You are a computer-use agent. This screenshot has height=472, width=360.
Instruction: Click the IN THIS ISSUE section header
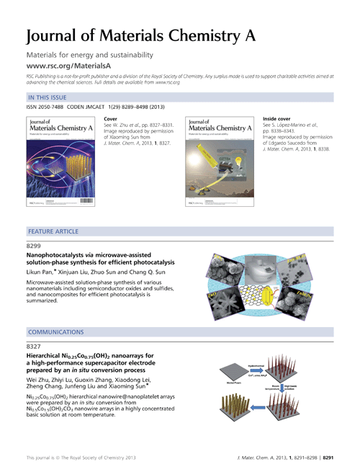[x=49, y=97]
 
